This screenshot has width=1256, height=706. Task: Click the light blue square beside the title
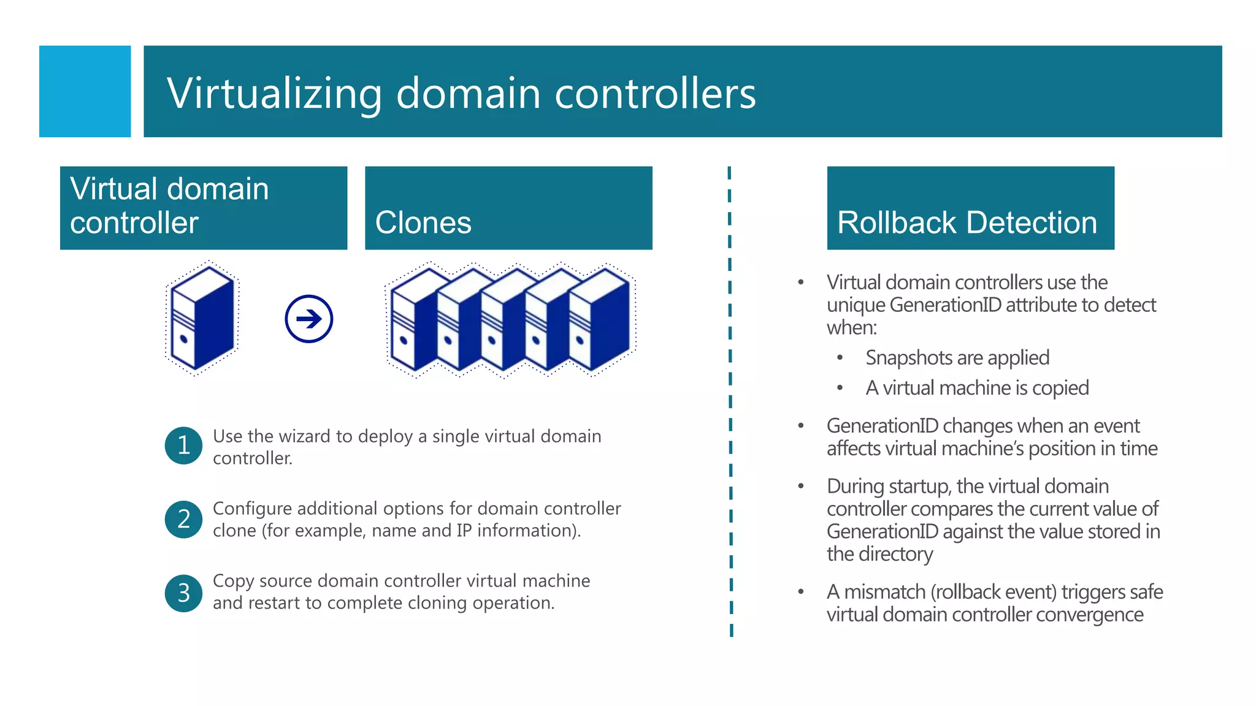pos(85,91)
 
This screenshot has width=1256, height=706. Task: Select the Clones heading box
pos(508,208)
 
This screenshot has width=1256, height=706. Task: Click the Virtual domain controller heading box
pos(204,208)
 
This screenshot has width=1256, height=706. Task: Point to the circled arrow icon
pos(308,319)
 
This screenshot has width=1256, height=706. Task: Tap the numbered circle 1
pos(183,446)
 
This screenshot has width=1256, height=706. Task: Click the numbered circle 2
pos(183,519)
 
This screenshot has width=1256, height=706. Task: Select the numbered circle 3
pos(183,593)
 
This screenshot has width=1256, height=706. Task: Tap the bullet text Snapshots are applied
pos(957,358)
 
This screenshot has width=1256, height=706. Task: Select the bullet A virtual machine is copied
pos(976,388)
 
